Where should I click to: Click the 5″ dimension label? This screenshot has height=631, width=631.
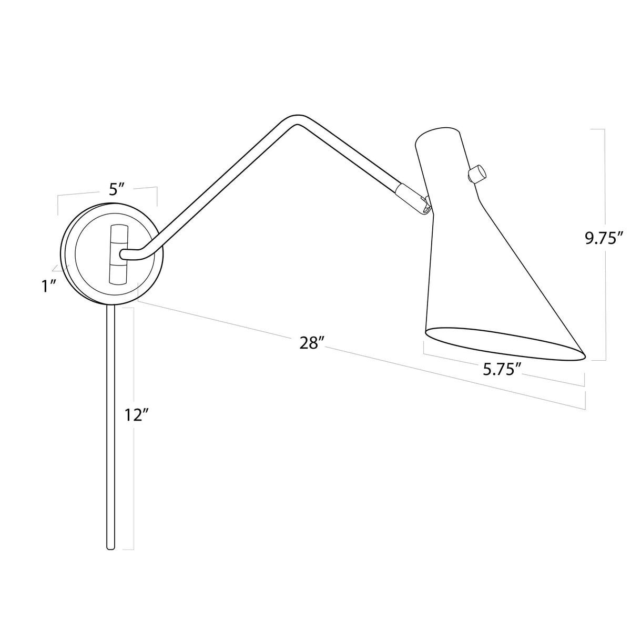pos(116,189)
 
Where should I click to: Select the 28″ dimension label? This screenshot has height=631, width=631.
pos(311,343)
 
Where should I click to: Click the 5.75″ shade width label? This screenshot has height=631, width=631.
pos(502,370)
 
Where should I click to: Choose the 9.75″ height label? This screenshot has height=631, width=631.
pos(604,238)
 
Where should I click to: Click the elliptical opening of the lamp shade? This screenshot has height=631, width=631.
pos(505,344)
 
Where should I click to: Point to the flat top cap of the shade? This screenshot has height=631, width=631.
pos(437,133)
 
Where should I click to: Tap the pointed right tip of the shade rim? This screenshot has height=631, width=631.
pos(584,355)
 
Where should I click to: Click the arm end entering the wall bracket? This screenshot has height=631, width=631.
pos(125,255)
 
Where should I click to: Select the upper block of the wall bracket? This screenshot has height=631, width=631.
pos(119,234)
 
